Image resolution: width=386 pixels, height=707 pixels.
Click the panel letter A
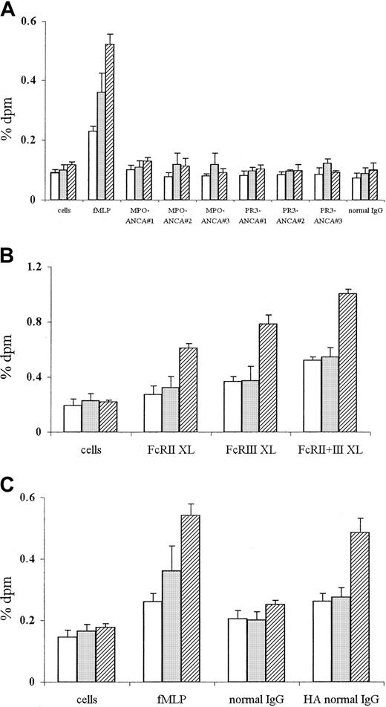[x=10, y=10]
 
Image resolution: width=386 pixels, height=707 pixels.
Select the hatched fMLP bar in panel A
[x=110, y=122]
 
